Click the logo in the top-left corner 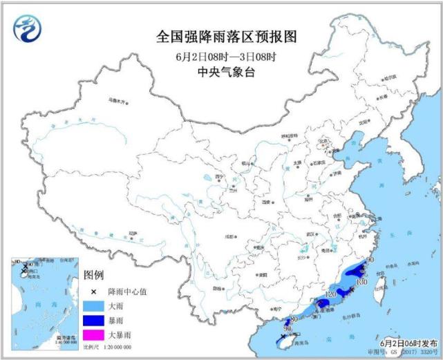coord(27,28)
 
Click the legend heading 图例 coord(93,274)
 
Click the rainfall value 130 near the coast coord(360,282)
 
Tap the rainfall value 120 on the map coord(330,295)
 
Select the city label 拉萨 coord(133,233)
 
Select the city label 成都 coord(225,236)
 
